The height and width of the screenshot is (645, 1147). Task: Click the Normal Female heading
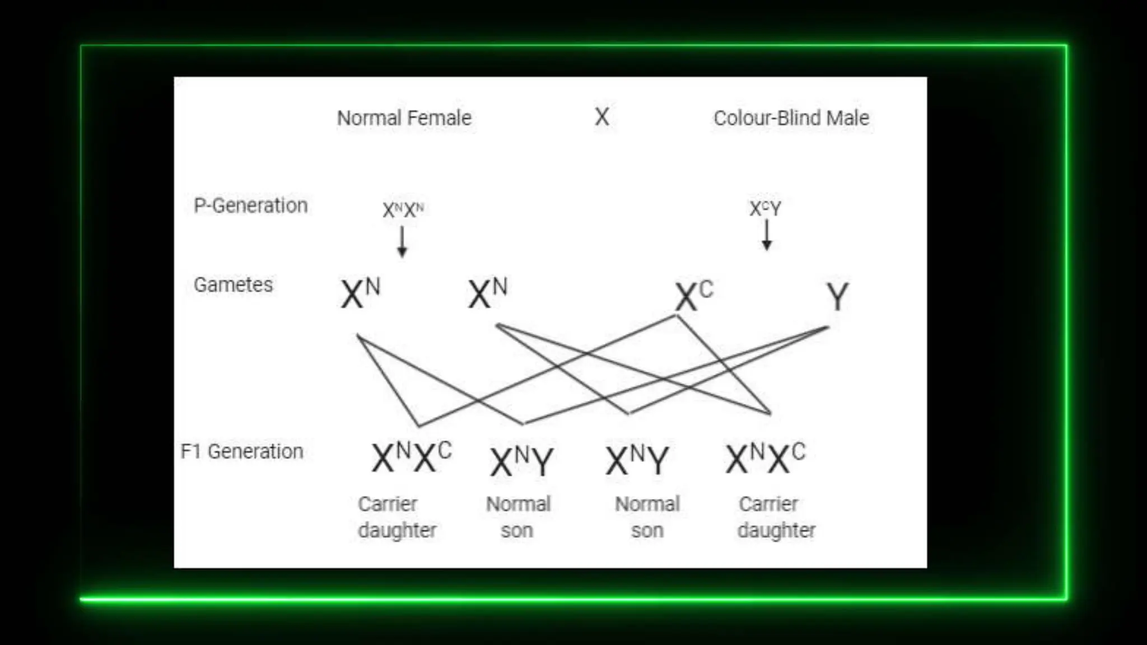tap(404, 118)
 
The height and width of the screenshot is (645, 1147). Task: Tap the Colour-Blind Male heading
tap(791, 118)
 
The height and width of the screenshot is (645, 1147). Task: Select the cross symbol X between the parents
tap(602, 117)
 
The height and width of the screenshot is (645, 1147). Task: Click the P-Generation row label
tap(250, 205)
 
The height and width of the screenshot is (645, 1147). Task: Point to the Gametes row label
tap(233, 285)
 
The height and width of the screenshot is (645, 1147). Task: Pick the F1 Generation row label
tap(241, 451)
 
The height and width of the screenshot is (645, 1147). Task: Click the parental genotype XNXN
tap(403, 210)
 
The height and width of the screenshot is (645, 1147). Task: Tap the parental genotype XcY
tap(765, 208)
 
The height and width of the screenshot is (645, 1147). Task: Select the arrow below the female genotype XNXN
tap(402, 241)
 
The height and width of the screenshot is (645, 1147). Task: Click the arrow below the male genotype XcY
tap(767, 235)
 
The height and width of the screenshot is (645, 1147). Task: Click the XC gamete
tap(693, 296)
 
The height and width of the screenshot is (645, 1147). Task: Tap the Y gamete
tap(837, 296)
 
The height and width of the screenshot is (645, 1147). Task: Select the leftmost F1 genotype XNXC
tap(411, 457)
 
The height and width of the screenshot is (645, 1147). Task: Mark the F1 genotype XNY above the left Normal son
tap(521, 461)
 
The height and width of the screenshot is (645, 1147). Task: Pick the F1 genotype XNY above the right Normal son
tap(637, 460)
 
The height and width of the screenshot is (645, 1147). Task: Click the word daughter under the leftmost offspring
tap(397, 530)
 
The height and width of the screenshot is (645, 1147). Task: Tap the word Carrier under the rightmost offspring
tap(768, 504)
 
